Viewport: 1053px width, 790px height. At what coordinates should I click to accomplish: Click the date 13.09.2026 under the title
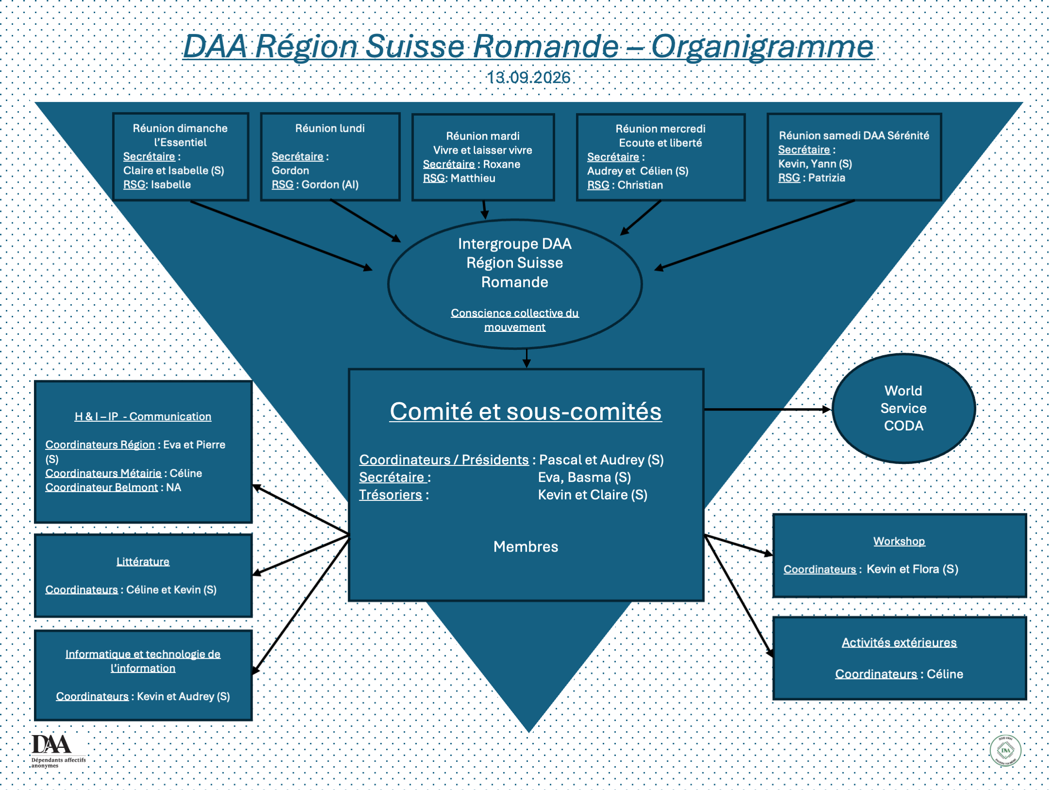pos(528,77)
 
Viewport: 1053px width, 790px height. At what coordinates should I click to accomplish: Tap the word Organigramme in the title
pos(762,47)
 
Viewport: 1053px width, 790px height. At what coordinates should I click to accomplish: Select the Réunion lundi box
pos(330,156)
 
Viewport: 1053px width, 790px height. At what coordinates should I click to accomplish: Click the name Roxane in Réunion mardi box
pos(502,164)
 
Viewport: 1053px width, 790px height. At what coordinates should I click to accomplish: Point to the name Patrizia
pos(827,178)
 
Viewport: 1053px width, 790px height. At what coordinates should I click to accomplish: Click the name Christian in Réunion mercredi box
pos(640,185)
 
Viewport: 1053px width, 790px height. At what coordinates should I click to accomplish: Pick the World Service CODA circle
pos(904,408)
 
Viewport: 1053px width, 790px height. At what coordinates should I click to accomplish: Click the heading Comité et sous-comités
pos(526,412)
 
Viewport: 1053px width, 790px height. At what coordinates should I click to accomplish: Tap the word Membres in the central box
pos(526,547)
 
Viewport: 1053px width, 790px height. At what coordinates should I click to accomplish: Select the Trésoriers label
pos(391,495)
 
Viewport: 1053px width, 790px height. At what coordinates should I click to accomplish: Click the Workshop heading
pos(899,541)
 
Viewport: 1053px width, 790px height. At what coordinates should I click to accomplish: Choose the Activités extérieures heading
pos(899,642)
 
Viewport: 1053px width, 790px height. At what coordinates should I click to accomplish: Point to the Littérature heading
pos(143,562)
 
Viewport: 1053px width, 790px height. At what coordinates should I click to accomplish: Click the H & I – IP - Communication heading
pos(143,416)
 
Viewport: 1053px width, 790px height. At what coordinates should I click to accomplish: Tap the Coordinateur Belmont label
pos(102,487)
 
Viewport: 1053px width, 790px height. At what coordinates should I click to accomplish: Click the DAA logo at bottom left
pos(58,751)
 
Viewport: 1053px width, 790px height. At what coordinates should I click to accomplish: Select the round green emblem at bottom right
pos(1005,751)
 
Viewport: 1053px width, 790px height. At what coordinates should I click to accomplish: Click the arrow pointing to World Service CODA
pos(768,410)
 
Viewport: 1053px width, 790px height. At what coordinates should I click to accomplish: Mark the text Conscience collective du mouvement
pos(515,320)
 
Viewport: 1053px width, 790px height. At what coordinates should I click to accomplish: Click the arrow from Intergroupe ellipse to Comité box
pos(526,358)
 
